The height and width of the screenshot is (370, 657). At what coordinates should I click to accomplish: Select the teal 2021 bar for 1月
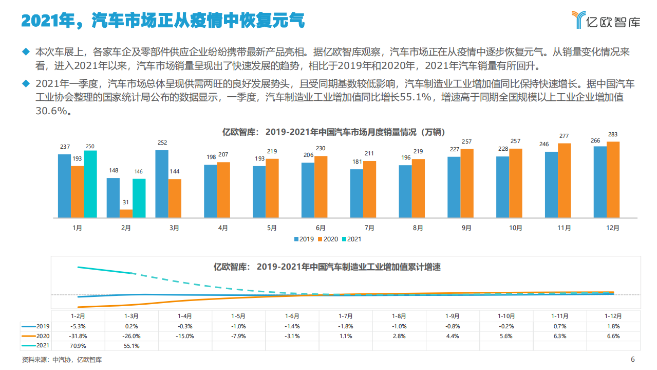90,184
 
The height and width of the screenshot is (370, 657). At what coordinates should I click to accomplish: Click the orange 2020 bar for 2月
126,213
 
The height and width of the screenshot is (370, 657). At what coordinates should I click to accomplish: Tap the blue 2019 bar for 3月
161,183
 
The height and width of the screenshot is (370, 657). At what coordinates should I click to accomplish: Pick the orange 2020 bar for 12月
613,179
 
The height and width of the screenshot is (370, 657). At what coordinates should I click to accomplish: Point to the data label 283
613,135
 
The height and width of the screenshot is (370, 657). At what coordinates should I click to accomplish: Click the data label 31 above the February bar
126,203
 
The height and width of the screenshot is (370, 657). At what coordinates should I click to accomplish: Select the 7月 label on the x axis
369,228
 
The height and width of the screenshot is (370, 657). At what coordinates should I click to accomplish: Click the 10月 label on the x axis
515,228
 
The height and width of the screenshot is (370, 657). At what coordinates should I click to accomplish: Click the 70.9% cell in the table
78,346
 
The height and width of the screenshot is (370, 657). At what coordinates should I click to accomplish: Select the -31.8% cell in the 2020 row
78,336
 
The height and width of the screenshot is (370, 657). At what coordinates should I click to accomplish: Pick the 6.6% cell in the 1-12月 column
613,336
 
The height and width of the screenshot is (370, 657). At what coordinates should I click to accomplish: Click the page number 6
632,360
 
